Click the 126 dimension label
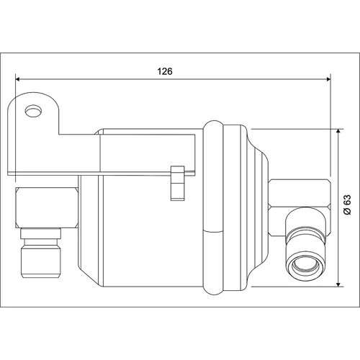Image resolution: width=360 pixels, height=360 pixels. [165, 71]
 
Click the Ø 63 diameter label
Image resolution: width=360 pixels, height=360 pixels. [347, 204]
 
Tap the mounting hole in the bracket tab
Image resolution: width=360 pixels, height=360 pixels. [33, 111]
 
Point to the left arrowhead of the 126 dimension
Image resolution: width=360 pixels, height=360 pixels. [17, 79]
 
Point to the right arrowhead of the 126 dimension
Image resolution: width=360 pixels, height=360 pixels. [328, 79]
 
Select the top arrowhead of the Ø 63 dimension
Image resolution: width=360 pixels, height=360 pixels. [338, 131]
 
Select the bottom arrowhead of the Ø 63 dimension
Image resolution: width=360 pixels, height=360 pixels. [338, 284]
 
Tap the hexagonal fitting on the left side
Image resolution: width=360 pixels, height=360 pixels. [47, 207]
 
